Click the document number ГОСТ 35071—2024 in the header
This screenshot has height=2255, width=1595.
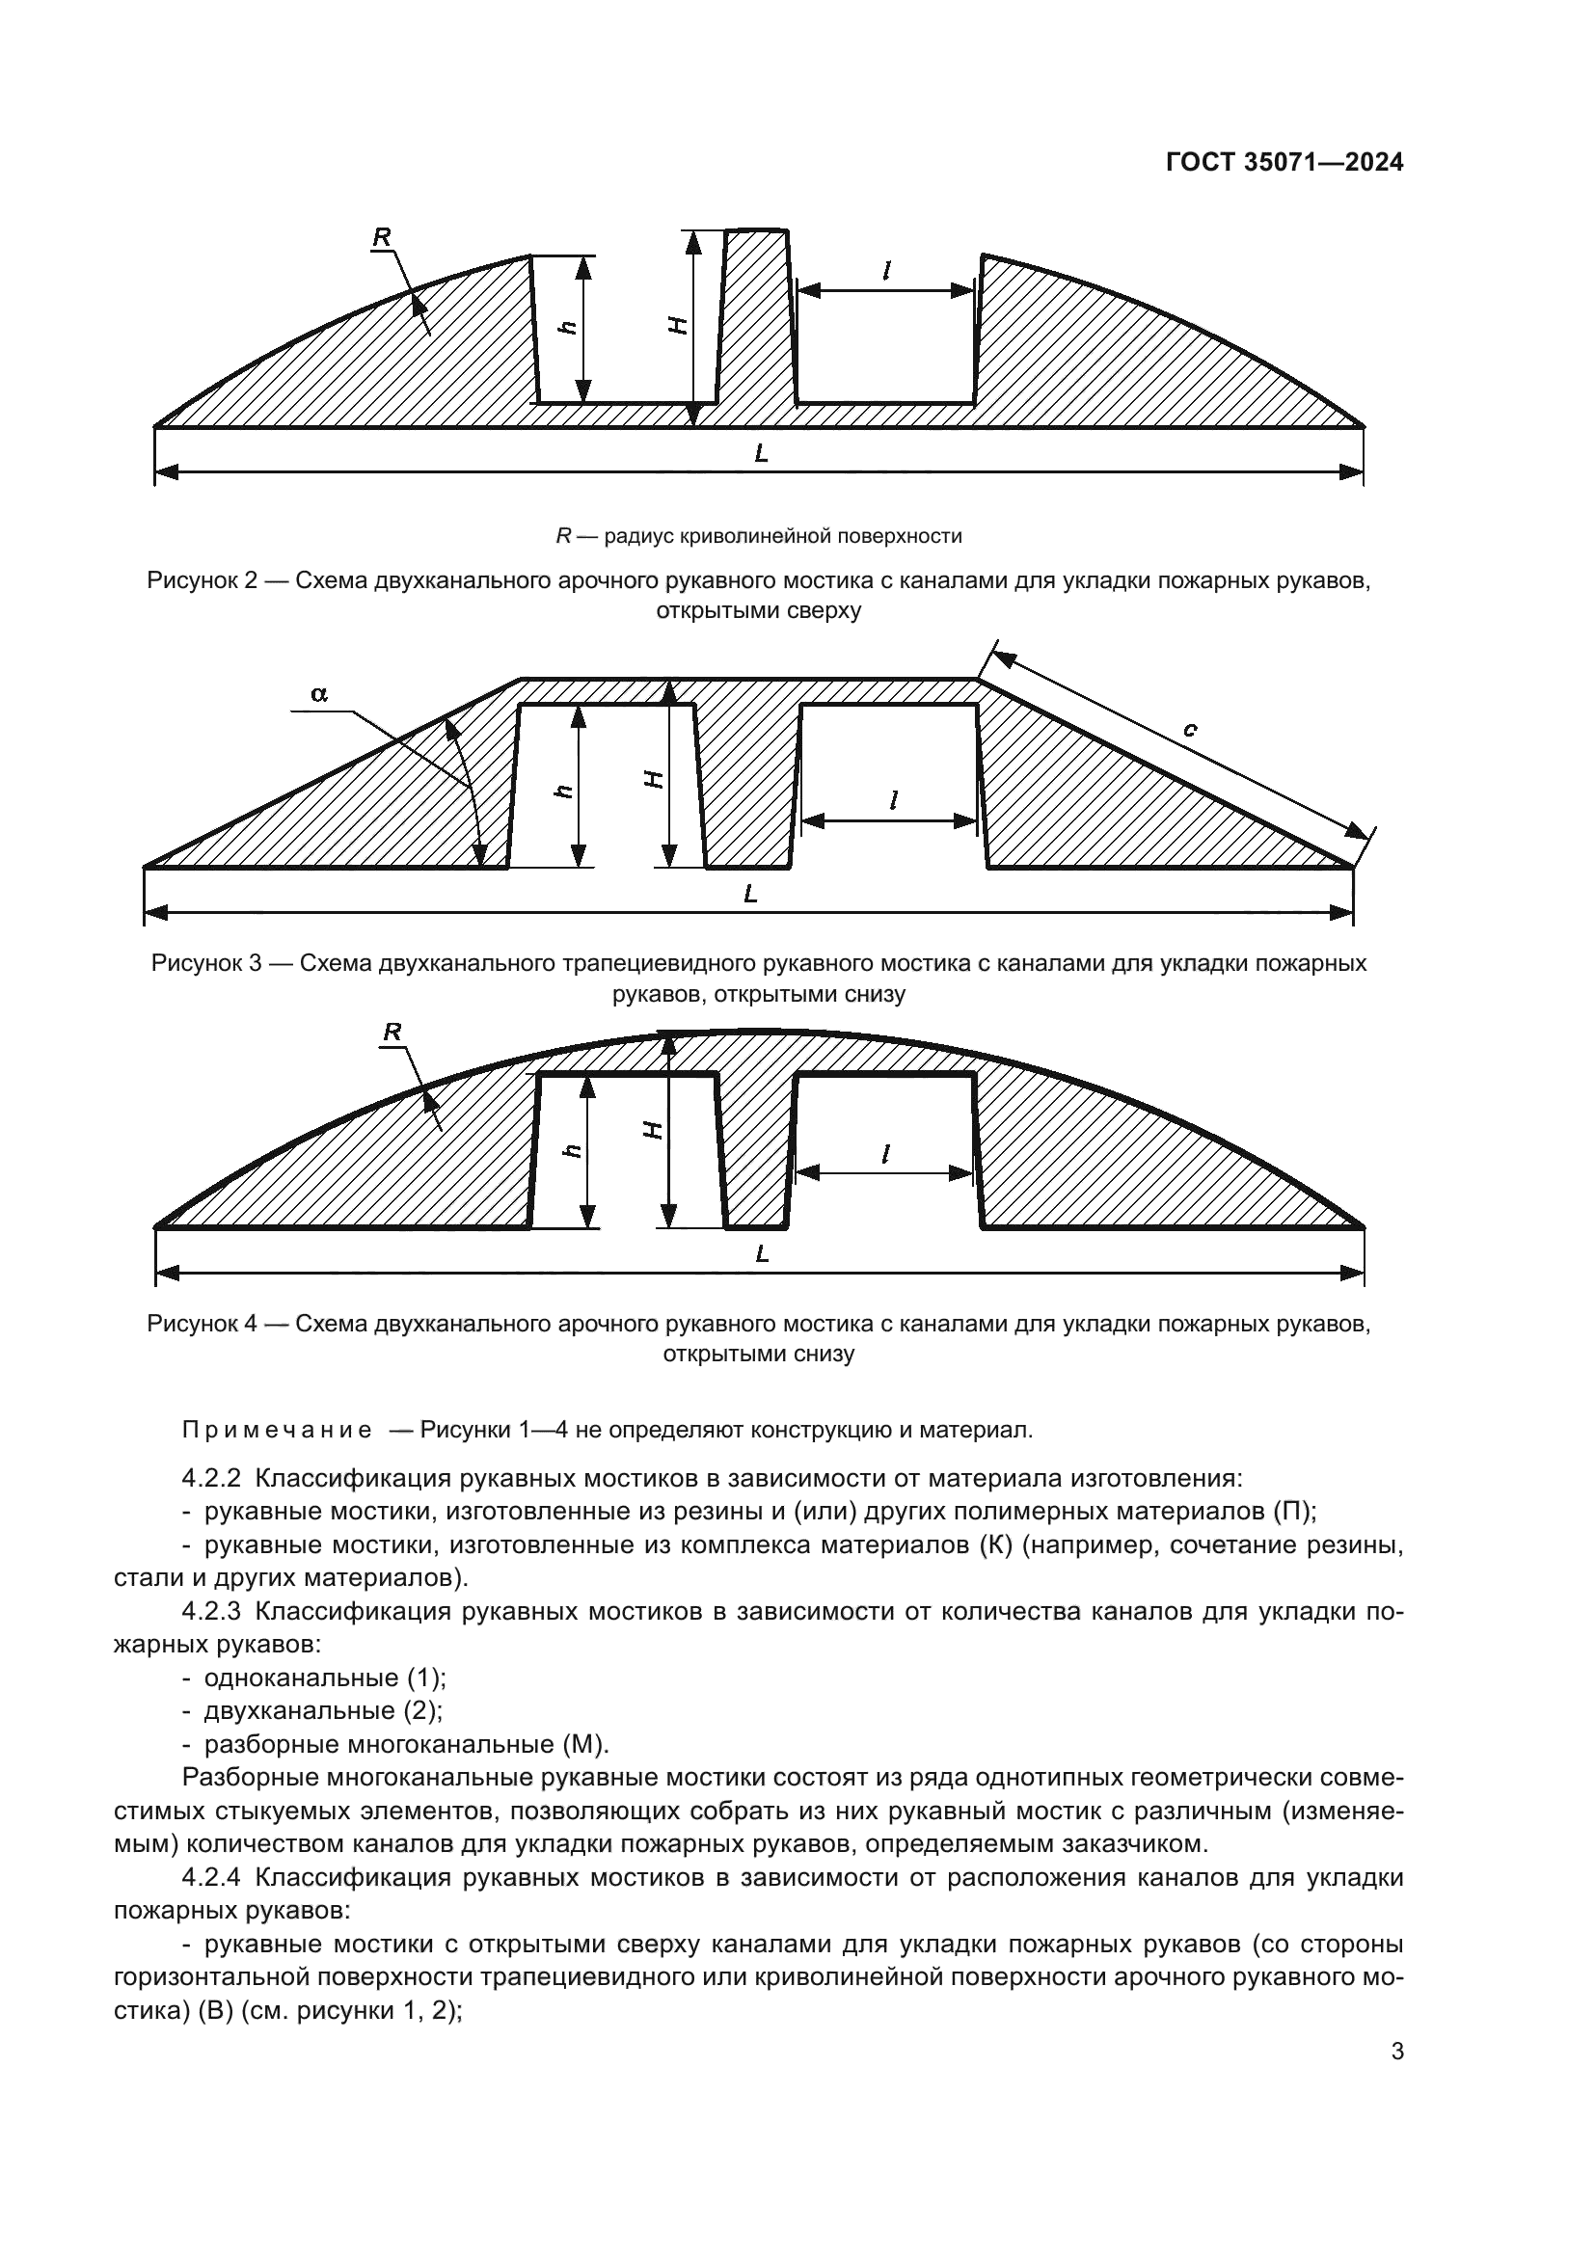click(1284, 163)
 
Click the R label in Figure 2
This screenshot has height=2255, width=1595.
click(382, 237)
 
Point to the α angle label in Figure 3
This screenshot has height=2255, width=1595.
click(319, 694)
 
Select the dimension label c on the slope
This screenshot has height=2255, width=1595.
click(1189, 729)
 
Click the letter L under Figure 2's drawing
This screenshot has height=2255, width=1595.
click(760, 454)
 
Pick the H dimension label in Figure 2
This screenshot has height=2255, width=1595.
click(677, 325)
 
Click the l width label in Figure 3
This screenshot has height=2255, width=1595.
click(892, 800)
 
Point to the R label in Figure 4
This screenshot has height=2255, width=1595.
click(392, 1033)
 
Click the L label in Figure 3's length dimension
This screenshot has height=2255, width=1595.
click(750, 894)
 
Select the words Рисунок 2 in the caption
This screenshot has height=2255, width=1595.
click(202, 580)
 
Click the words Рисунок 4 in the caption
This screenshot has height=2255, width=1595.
click(202, 1324)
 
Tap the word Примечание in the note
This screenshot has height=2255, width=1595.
click(276, 1430)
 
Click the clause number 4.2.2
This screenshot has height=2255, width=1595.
click(211, 1478)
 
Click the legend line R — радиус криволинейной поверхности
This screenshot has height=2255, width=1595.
click(758, 536)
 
